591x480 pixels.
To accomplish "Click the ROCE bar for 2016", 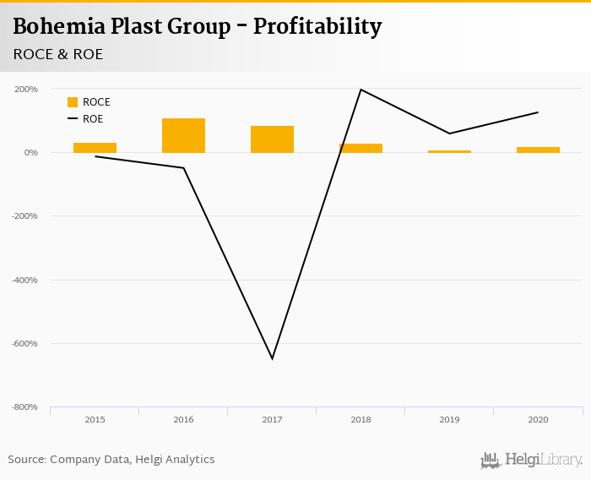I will point(183,135).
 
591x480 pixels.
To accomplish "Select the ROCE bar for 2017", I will point(272,139).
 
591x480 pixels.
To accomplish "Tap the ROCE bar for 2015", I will point(95,148).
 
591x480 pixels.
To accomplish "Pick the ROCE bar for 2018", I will point(361,148).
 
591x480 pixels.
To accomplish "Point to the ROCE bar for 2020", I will point(538,150).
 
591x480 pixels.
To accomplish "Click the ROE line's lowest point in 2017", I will point(272,358).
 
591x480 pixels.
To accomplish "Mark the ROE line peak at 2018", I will point(361,90).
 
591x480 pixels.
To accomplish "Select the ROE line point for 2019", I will point(449,134).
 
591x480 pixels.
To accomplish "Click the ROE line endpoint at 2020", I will point(538,112).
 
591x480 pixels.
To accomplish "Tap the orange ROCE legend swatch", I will point(73,102).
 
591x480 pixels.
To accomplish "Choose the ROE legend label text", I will point(93,119).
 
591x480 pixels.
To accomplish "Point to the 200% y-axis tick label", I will point(25,89).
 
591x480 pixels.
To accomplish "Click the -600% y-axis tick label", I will point(24,343).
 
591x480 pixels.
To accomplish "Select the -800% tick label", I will point(24,407).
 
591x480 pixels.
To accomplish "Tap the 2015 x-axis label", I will point(95,419).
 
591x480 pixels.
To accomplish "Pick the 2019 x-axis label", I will point(449,419).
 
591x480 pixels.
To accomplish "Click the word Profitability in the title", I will point(319,27).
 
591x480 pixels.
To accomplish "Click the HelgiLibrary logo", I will point(531,460).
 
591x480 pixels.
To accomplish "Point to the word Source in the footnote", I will point(26,460).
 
